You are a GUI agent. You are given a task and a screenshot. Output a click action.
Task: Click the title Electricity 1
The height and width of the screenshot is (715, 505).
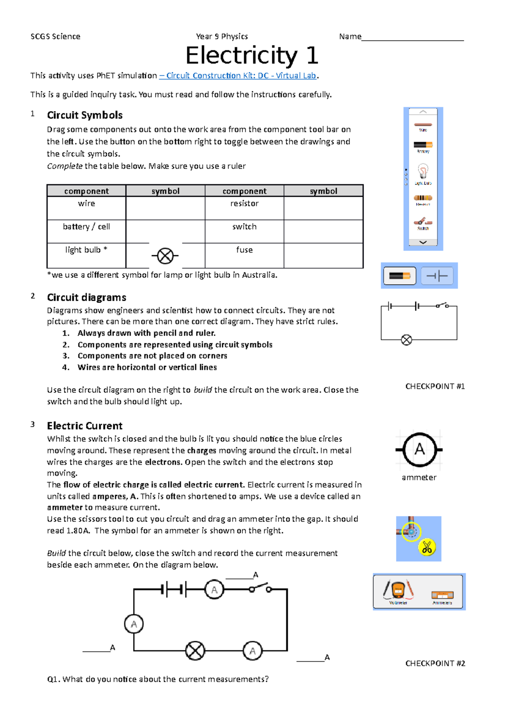pyautogui.click(x=252, y=55)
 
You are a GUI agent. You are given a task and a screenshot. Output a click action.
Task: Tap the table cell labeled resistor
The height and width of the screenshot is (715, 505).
pyautogui.click(x=244, y=204)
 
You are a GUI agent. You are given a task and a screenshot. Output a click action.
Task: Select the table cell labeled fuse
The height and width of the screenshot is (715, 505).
pyautogui.click(x=244, y=250)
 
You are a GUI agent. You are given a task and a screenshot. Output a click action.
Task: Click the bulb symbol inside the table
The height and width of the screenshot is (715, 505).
pyautogui.click(x=165, y=256)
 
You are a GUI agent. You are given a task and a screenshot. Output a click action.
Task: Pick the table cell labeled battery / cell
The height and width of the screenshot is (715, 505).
pyautogui.click(x=86, y=227)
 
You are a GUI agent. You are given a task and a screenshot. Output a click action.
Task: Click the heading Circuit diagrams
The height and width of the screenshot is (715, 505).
pyautogui.click(x=86, y=297)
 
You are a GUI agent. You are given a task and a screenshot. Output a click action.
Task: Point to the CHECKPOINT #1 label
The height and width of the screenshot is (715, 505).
pyautogui.click(x=435, y=387)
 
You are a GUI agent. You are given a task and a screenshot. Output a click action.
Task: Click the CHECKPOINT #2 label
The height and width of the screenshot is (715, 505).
pyautogui.click(x=435, y=664)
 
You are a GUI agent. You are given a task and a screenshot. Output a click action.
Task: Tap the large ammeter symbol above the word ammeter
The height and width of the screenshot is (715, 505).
pyautogui.click(x=419, y=450)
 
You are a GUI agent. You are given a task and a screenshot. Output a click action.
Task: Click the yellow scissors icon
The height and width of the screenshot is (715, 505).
pyautogui.click(x=427, y=547)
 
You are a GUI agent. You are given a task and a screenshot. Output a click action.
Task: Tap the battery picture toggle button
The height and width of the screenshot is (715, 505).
pyautogui.click(x=399, y=276)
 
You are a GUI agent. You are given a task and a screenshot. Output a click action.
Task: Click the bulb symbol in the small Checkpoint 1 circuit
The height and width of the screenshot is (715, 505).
pyautogui.click(x=407, y=340)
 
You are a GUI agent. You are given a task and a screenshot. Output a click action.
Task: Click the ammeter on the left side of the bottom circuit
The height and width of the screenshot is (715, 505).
pyautogui.click(x=134, y=624)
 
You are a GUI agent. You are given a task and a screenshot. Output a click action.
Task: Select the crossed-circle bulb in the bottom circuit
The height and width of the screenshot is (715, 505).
pyautogui.click(x=195, y=651)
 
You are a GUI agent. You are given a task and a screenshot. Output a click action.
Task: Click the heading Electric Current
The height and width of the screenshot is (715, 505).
pyautogui.click(x=85, y=426)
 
